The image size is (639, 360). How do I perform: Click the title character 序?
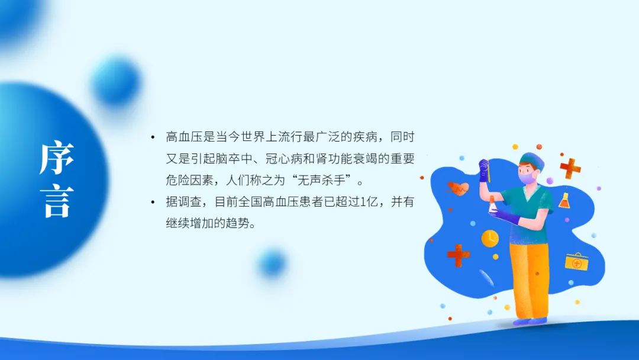pyautogui.click(x=57, y=157)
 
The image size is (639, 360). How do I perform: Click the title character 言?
pyautogui.click(x=57, y=201)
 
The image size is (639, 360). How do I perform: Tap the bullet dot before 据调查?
pyautogui.click(x=153, y=202)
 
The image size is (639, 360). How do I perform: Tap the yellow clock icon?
pyautogui.click(x=490, y=239)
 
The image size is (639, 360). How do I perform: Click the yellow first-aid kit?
pyautogui.click(x=577, y=262)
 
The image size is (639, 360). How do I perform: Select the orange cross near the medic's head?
pyautogui.click(x=570, y=168)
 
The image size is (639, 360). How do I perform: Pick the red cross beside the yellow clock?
pyautogui.click(x=459, y=256)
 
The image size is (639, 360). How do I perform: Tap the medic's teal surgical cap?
pyautogui.click(x=532, y=160)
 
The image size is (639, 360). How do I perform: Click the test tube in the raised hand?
pyautogui.click(x=488, y=171)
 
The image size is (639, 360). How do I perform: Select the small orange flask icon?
pyautogui.click(x=564, y=201)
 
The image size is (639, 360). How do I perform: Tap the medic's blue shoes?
pyautogui.click(x=530, y=322)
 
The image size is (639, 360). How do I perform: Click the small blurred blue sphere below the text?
pyautogui.click(x=272, y=263)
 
